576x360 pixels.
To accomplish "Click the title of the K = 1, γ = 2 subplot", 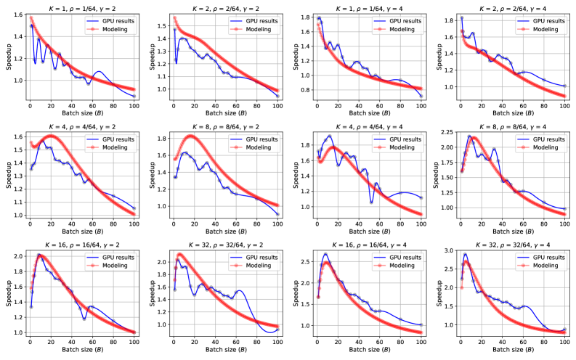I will pos(81,5).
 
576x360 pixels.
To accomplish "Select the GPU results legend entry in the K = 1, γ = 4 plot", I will pos(397,22).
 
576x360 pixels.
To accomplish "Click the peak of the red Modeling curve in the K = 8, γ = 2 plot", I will pos(191,136).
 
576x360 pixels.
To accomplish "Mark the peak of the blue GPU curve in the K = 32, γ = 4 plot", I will pos(466,254).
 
